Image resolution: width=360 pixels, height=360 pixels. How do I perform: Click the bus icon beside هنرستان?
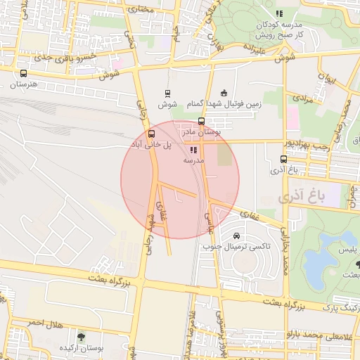pyautogui.click(x=24, y=73)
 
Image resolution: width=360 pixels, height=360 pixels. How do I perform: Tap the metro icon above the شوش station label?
pyautogui.click(x=167, y=93)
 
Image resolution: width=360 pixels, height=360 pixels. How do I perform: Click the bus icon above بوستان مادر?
pyautogui.click(x=202, y=121)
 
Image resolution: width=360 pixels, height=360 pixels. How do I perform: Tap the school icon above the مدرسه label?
pyautogui.click(x=193, y=150)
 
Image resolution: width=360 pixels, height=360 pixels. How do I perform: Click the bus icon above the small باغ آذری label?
pyautogui.click(x=283, y=159)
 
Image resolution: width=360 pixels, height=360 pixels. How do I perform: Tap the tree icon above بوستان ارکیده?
pyautogui.click(x=82, y=337)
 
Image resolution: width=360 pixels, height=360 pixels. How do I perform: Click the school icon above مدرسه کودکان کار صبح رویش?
pyautogui.click(x=279, y=13)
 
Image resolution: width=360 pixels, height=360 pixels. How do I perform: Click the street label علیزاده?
pyautogui.click(x=255, y=51)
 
